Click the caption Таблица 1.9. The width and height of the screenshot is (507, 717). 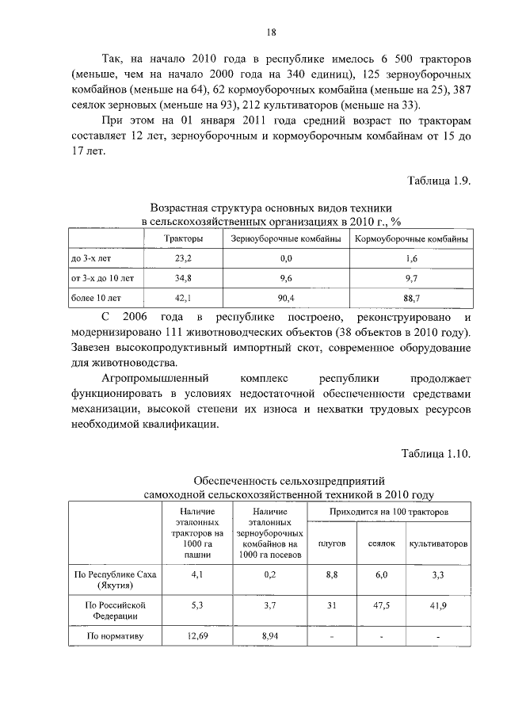tap(440, 181)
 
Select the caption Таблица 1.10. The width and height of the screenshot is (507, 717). tap(436, 454)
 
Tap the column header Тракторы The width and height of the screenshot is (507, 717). tap(183, 239)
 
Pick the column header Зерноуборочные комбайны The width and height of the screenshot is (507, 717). tap(286, 239)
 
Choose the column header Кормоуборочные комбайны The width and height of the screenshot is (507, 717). tap(410, 239)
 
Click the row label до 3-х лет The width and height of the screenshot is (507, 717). tap(88, 259)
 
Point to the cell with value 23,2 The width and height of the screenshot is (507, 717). tap(183, 259)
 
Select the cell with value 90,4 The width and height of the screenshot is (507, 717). tap(286, 298)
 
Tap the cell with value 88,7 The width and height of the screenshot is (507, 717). tap(410, 298)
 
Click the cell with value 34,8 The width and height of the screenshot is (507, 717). tap(183, 278)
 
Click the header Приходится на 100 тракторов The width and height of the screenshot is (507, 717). tap(389, 513)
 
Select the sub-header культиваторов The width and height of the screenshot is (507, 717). tap(438, 544)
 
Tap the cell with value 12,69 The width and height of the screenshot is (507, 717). tap(197, 635)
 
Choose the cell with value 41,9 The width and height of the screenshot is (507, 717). tap(438, 605)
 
